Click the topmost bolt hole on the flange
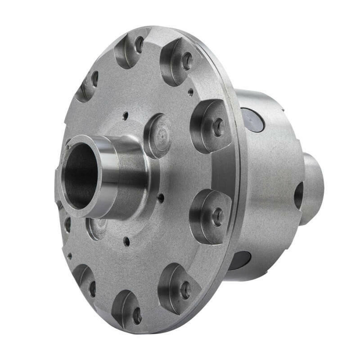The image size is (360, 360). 139,44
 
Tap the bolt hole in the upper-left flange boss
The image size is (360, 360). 94,79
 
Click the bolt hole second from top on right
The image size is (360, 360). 187,61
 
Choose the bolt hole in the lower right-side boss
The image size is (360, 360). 218,216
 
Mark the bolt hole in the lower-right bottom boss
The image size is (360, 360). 185,290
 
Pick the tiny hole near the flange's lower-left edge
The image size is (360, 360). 69,256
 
